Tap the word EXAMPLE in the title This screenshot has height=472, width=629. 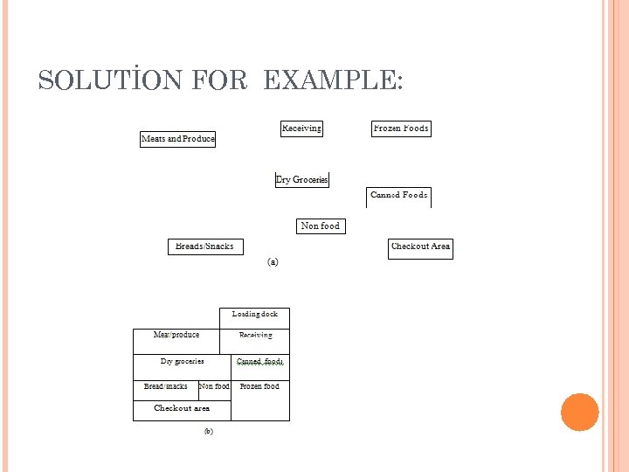pos(332,81)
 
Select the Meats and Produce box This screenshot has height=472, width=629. pos(178,139)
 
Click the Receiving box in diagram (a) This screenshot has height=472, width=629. pos(301,128)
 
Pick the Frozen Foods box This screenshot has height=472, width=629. pos(401,128)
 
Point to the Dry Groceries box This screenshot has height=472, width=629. pos(302,180)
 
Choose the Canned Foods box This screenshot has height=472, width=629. pos(399,196)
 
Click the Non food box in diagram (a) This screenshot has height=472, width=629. pos(321,226)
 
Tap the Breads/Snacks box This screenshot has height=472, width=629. pos(205,246)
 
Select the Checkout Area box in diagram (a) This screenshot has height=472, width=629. pos(421,247)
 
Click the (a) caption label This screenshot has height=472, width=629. pos(273,261)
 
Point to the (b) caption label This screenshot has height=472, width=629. pos(209,431)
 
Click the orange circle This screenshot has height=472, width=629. pos(580,413)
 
